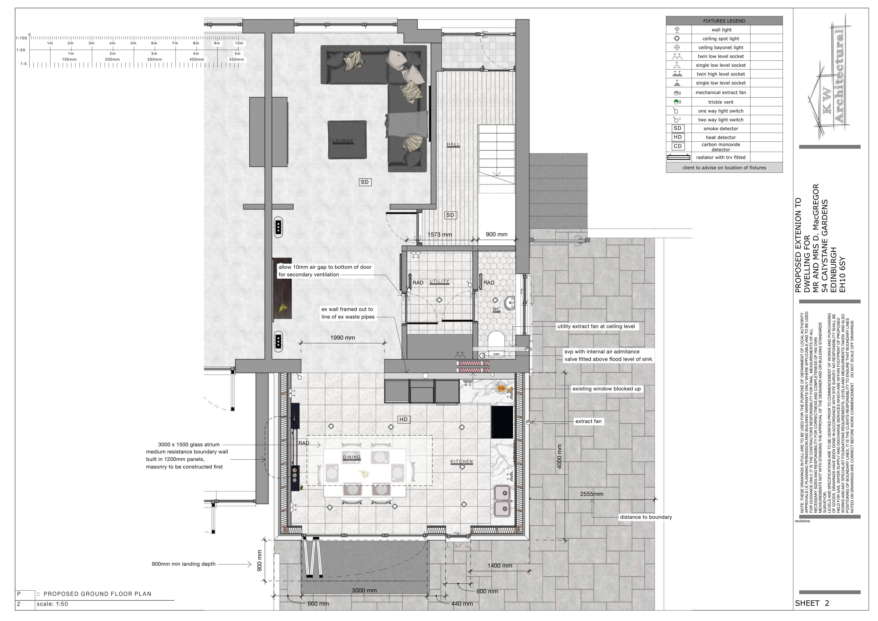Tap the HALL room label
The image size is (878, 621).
pyautogui.click(x=453, y=144)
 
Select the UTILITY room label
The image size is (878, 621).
pyautogui.click(x=439, y=281)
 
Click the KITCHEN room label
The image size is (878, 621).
pyautogui.click(x=462, y=462)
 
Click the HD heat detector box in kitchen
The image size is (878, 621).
pyautogui.click(x=403, y=420)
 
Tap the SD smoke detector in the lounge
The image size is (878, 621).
pyautogui.click(x=365, y=182)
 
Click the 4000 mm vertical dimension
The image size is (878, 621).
pyautogui.click(x=559, y=457)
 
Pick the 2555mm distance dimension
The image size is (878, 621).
pyautogui.click(x=592, y=494)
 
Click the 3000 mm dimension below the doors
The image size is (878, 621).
pyautogui.click(x=364, y=590)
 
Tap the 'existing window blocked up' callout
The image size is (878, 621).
pyautogui.click(x=606, y=389)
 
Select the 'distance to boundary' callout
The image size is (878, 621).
pyautogui.click(x=646, y=517)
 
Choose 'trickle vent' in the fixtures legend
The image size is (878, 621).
pyautogui.click(x=721, y=102)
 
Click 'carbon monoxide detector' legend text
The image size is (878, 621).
pyautogui.click(x=721, y=147)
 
